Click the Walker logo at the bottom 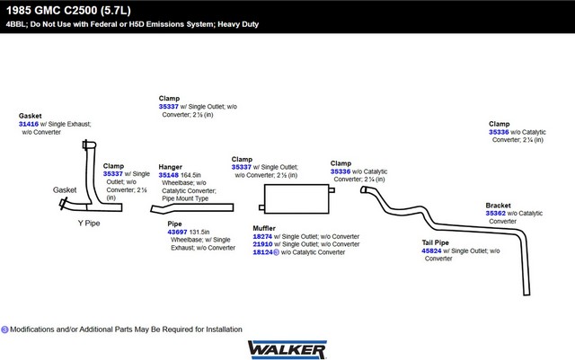click(287, 350)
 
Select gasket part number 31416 click(29, 124)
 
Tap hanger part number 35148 click(168, 175)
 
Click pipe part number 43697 click(177, 232)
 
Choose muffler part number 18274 click(262, 236)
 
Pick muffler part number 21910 click(262, 244)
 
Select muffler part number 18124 click(262, 252)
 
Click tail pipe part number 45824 click(431, 250)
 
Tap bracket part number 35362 click(495, 213)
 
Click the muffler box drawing click(296, 198)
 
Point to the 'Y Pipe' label click(89, 223)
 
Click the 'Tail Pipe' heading click(435, 242)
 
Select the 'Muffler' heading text click(264, 228)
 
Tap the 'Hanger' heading click(170, 167)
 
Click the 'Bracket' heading click(498, 206)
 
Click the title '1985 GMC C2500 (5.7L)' click(68, 10)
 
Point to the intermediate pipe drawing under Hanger click(191, 208)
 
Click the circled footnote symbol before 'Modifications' click(4, 329)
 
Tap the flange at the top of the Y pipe click(89, 145)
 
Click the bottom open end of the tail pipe click(526, 293)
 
